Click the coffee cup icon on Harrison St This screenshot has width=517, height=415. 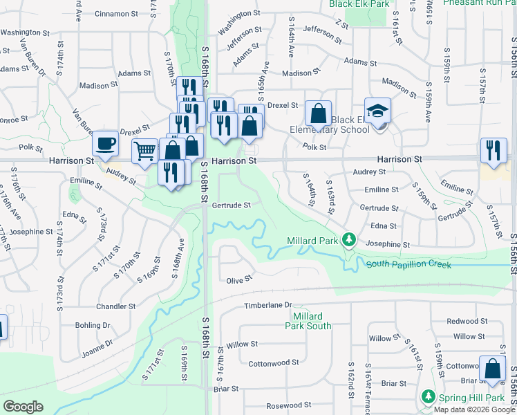point(105,144)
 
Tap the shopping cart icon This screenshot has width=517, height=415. point(144,150)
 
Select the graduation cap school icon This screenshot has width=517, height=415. point(378,111)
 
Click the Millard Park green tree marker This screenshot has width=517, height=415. point(350,240)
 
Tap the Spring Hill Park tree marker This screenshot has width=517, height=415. point(429,397)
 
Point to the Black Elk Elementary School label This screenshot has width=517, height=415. point(359,124)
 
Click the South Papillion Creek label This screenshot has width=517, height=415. point(409,264)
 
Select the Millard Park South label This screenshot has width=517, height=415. point(308,321)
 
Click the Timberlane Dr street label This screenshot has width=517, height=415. point(268,305)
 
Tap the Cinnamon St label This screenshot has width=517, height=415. point(116,14)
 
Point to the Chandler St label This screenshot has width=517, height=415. point(116,306)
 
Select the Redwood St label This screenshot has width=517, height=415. point(467,321)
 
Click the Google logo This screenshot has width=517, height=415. point(23,407)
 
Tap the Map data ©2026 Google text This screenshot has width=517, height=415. point(474,409)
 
